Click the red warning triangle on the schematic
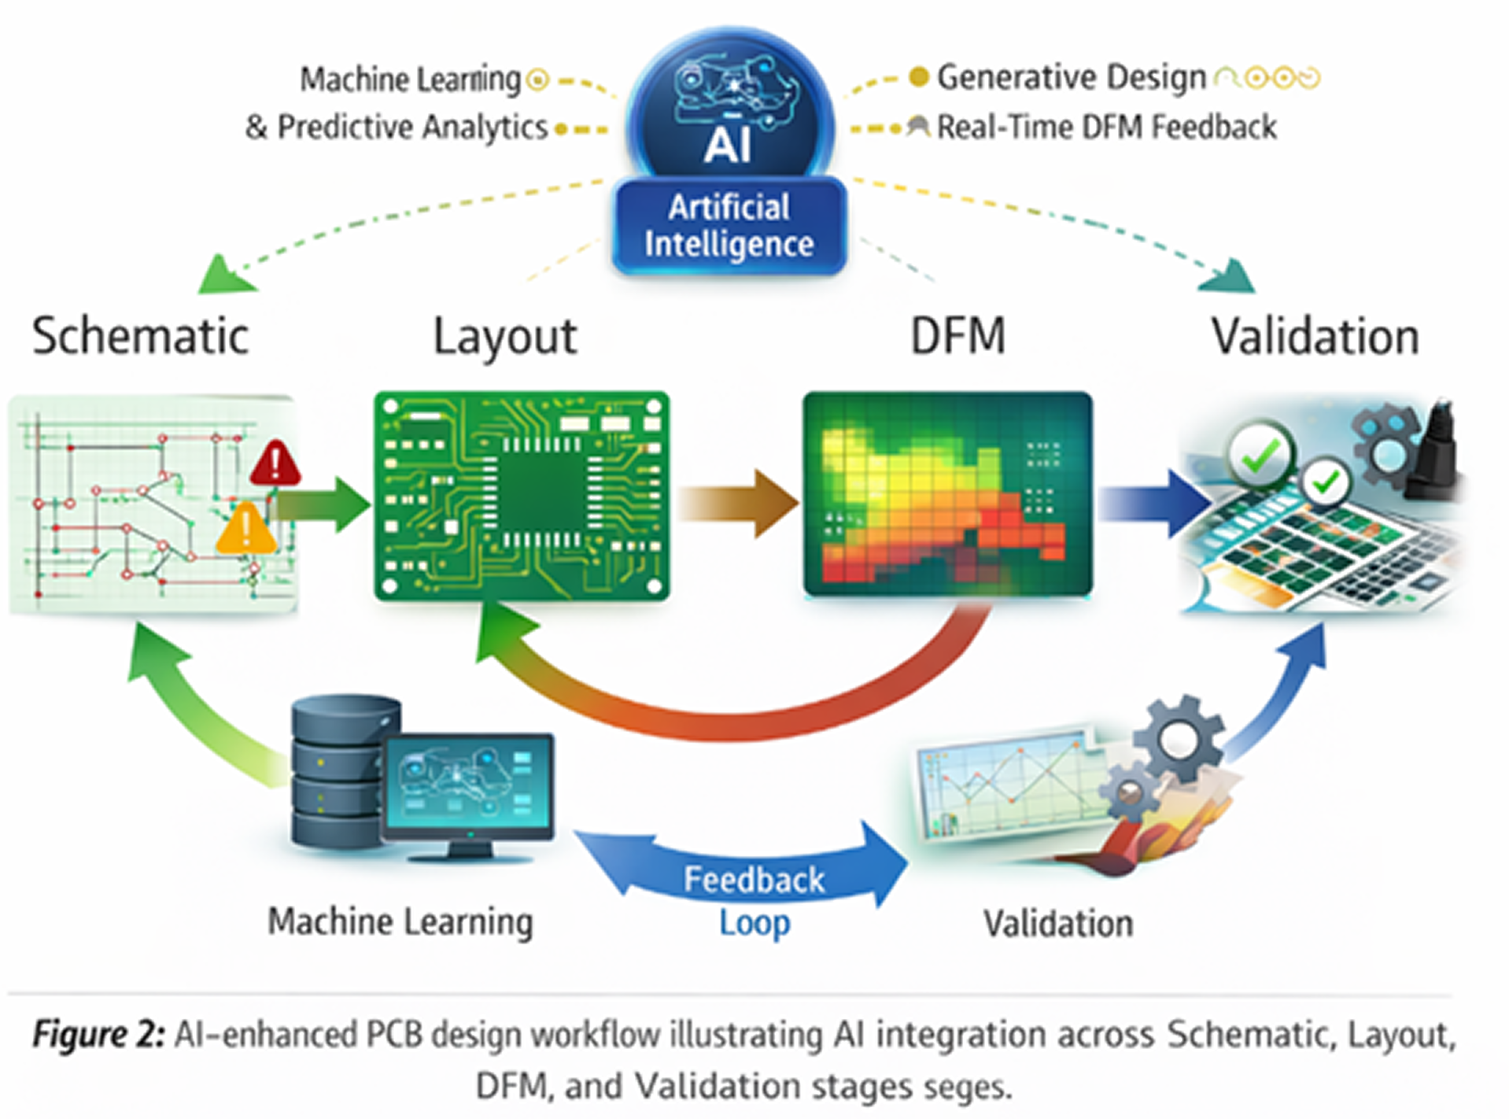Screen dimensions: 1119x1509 tap(275, 464)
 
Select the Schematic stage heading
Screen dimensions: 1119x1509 tap(140, 337)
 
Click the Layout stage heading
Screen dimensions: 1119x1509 tap(505, 337)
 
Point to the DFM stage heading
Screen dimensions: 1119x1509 tap(957, 337)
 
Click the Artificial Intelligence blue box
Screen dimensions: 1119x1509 tap(729, 226)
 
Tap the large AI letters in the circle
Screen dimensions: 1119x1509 tap(728, 146)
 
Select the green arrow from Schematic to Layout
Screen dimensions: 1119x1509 tap(324, 504)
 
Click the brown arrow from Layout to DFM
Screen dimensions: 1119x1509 tap(738, 504)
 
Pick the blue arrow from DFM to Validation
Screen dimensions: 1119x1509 tap(1153, 504)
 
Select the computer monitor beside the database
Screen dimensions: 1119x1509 tap(469, 787)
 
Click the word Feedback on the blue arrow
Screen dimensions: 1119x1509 tap(754, 880)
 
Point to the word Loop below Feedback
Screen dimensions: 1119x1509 tap(754, 922)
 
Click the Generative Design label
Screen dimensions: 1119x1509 tap(1071, 78)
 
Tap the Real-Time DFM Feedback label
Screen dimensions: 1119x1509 tap(1106, 127)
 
